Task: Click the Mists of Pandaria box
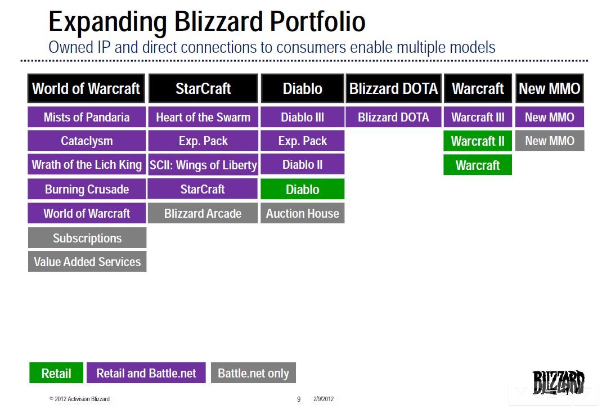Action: pyautogui.click(x=87, y=117)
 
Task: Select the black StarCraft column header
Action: pyautogui.click(x=203, y=88)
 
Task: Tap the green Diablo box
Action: pyautogui.click(x=302, y=189)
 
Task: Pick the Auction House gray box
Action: pyautogui.click(x=302, y=213)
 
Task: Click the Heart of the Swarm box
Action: pyautogui.click(x=203, y=117)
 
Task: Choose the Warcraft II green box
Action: pyautogui.click(x=478, y=141)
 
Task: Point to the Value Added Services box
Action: pyautogui.click(x=87, y=262)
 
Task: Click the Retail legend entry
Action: pyautogui.click(x=56, y=373)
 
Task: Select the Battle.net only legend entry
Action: pyautogui.click(x=253, y=373)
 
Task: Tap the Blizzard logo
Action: pyautogui.click(x=558, y=382)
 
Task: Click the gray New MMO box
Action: pyautogui.click(x=550, y=141)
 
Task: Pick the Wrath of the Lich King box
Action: pyautogui.click(x=87, y=165)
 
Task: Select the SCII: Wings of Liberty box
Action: pyautogui.click(x=203, y=165)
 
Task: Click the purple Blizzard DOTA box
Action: pyautogui.click(x=393, y=117)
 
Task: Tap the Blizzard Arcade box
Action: pyautogui.click(x=203, y=213)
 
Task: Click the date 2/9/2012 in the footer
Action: pyautogui.click(x=324, y=399)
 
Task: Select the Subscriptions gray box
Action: pyautogui.click(x=87, y=238)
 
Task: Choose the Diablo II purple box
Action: pyautogui.click(x=302, y=165)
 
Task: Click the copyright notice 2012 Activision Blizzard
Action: pyautogui.click(x=79, y=399)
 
